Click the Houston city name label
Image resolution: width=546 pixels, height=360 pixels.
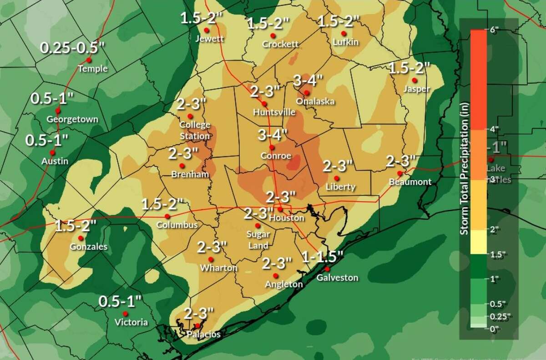point(286,218)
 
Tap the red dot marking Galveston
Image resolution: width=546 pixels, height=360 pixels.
point(327,269)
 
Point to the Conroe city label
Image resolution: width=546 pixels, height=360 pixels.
point(275,156)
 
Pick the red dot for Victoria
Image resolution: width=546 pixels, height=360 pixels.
point(125,314)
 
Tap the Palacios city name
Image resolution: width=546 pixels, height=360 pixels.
point(203,335)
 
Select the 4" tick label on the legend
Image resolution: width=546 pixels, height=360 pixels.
point(494,129)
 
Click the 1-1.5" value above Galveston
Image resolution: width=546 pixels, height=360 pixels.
point(322,257)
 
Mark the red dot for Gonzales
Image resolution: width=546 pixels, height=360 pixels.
point(81,238)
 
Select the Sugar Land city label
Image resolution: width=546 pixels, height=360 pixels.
point(258,238)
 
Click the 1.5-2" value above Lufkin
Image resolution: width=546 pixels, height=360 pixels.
point(338,21)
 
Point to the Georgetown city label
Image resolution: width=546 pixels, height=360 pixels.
point(72,120)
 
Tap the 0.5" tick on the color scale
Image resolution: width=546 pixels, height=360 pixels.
point(494,303)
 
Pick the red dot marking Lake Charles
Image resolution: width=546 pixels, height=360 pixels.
point(490,160)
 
